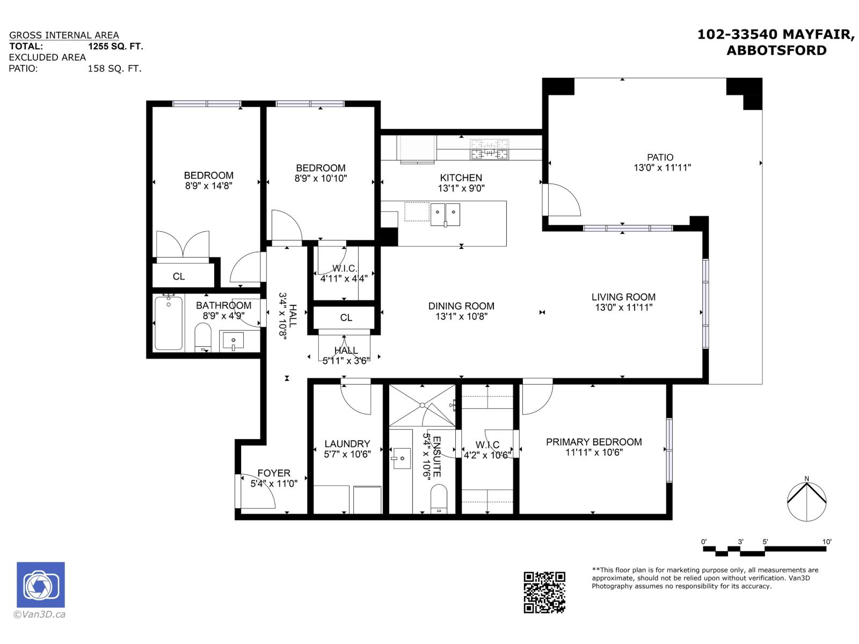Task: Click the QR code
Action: point(544,592)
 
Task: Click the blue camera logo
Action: point(41,585)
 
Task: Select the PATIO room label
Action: point(660,157)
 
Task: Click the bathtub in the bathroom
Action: point(169,323)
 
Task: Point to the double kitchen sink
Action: point(445,214)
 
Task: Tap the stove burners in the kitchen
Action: point(489,149)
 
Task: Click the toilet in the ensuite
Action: point(439,499)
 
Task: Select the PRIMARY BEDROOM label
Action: point(594,442)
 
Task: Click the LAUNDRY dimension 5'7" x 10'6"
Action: point(347,454)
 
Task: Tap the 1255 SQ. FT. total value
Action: point(116,46)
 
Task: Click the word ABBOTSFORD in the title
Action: point(776,50)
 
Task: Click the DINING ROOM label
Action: point(461,306)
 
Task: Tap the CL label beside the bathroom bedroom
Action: point(179,276)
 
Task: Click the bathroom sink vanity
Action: point(233,341)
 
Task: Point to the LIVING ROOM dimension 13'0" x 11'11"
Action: point(623,308)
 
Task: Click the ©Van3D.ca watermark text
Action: point(39,614)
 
